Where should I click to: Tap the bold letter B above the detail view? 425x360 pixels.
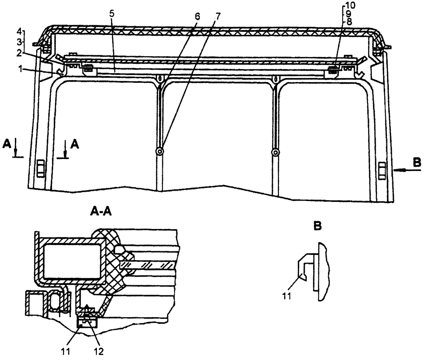point(317,226)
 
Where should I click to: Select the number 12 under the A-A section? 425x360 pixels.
point(97,351)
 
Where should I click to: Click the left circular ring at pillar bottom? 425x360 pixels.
point(160,152)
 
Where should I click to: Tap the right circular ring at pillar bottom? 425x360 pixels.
point(276,152)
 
